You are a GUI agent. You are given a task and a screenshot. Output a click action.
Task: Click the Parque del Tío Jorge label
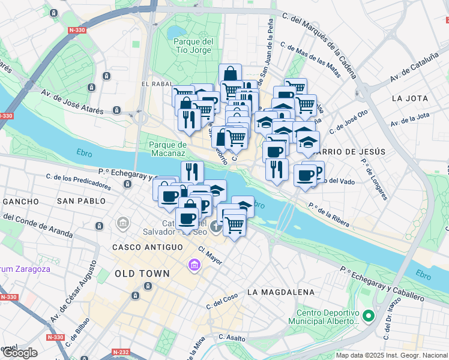click(193, 46)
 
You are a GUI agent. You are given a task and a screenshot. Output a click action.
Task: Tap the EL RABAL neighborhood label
click(157, 85)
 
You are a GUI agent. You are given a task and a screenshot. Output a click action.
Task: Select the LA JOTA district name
click(409, 98)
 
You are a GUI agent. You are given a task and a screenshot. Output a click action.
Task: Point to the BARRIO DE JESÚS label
click(351, 152)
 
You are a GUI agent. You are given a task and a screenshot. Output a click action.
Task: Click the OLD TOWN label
click(142, 274)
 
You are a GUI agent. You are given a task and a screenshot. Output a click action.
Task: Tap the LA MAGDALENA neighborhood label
click(280, 292)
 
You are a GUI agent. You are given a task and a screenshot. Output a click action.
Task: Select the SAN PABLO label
click(79, 201)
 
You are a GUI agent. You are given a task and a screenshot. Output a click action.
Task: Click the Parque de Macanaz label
click(168, 149)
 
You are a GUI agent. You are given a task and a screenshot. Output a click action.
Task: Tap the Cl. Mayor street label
click(210, 257)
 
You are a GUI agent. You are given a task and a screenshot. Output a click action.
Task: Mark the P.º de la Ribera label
click(329, 214)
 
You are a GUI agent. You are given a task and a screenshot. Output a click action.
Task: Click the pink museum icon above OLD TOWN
click(194, 265)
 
